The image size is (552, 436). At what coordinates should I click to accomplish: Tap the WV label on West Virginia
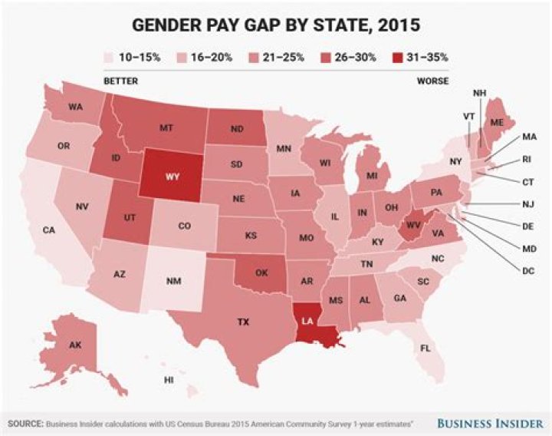411,224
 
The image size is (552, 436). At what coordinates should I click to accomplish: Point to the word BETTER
120,81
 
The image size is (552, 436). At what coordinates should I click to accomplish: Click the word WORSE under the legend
433,81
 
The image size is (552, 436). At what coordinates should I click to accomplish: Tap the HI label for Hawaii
168,380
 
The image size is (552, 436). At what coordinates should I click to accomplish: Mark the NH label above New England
480,94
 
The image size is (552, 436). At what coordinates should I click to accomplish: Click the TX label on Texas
243,321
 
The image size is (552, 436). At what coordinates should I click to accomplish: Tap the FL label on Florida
426,348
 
